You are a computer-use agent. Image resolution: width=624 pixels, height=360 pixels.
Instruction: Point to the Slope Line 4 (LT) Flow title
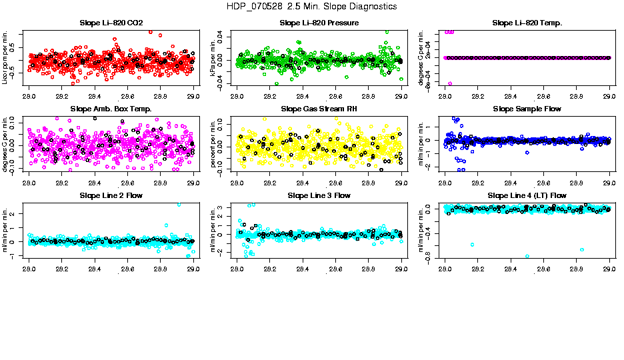pyautogui.click(x=527, y=195)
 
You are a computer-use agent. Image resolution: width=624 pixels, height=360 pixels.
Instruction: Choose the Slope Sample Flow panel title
pyautogui.click(x=527, y=109)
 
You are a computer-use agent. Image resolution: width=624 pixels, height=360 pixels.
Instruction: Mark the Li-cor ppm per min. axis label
pyautogui.click(x=5, y=57)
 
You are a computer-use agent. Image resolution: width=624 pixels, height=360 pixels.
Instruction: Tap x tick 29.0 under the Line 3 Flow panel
pyautogui.click(x=401, y=269)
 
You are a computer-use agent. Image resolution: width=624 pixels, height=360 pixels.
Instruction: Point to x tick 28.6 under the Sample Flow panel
pyautogui.click(x=543, y=183)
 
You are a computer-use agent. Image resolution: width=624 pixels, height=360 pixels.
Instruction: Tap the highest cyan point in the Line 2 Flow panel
pyautogui.click(x=179, y=205)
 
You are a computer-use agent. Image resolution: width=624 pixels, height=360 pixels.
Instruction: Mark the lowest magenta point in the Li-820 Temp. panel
pyautogui.click(x=449, y=83)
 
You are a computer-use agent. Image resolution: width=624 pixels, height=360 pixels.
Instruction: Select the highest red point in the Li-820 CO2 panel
pyautogui.click(x=151, y=32)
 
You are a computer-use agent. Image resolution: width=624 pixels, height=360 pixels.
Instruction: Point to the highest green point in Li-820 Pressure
pyautogui.click(x=387, y=31)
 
